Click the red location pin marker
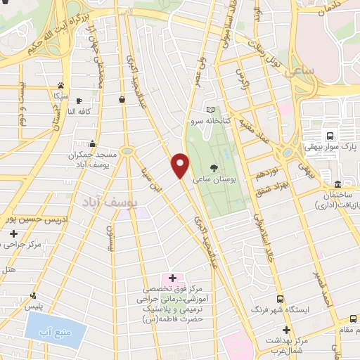coord(181,165)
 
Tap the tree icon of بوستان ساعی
coord(213,167)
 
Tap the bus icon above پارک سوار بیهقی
coord(330,136)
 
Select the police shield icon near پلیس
coord(32,296)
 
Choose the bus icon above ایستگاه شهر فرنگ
coord(281,299)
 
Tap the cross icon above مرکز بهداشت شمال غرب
coord(285,329)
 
